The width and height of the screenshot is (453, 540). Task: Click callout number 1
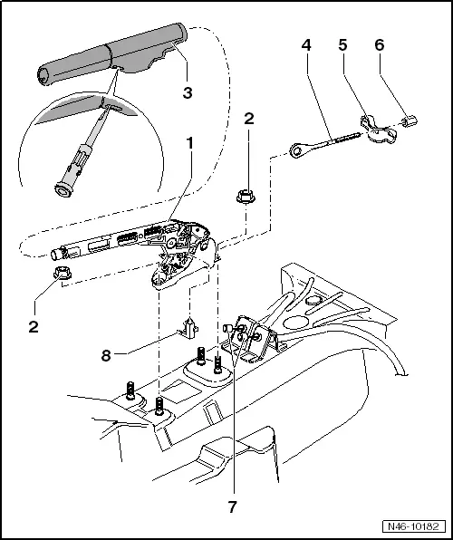click(x=188, y=143)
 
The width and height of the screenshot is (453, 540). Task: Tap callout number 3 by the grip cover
click(x=188, y=93)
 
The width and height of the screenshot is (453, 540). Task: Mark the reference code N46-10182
click(x=410, y=525)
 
